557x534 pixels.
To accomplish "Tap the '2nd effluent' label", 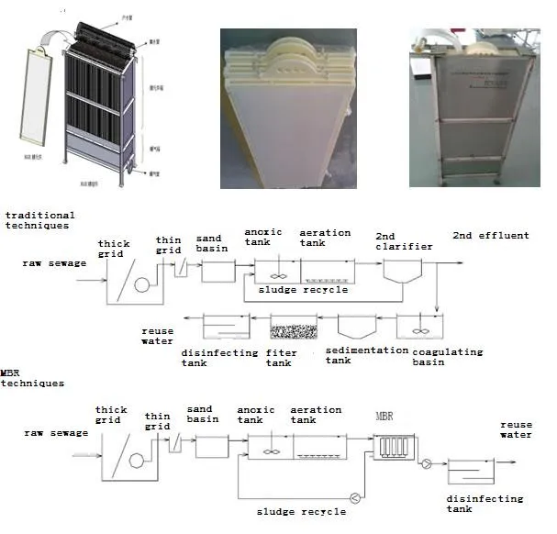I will pos(490,236).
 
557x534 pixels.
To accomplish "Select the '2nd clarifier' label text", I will pos(398,241).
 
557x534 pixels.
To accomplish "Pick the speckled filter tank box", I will pos(293,327).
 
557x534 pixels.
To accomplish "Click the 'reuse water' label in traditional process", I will pos(157,336).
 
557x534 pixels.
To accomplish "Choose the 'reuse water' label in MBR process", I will pos(515,429).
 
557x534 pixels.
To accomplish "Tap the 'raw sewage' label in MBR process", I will pos(47,432).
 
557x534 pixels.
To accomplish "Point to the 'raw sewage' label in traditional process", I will pos(54,263).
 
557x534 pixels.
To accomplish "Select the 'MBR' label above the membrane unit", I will pos(385,416).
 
